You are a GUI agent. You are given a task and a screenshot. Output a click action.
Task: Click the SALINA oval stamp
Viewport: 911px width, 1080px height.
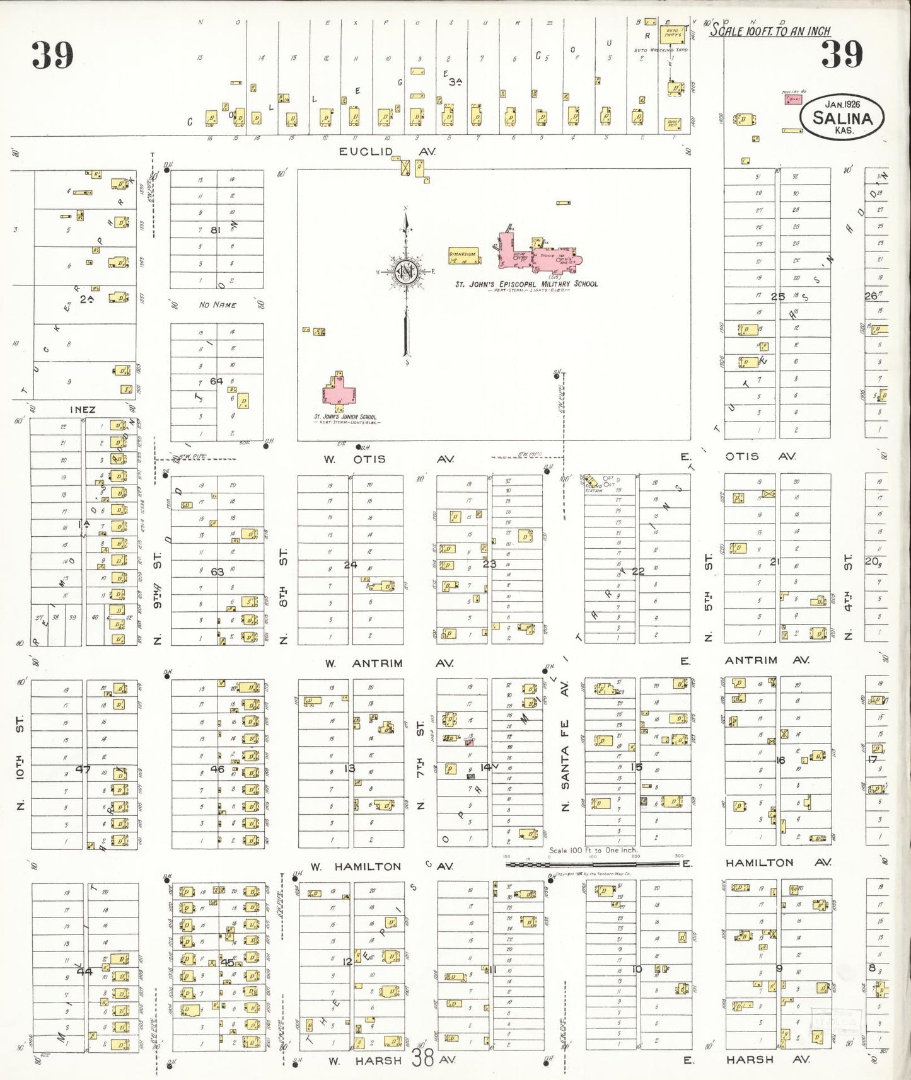coord(842,117)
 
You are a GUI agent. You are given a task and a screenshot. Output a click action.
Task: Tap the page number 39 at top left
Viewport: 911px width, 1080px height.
coord(53,55)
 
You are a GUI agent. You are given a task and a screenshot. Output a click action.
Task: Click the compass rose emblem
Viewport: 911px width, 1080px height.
coord(406,271)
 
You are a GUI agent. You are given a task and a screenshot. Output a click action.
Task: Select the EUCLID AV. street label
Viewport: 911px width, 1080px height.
coord(386,152)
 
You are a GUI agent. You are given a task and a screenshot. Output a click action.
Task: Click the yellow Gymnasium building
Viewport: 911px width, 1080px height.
coord(463,256)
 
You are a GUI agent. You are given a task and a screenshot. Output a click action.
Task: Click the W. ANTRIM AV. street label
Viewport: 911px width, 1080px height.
coord(389,664)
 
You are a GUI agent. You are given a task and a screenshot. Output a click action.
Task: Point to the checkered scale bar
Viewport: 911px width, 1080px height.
coord(593,864)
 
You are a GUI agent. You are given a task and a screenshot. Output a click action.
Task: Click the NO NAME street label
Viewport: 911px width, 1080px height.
coord(218,305)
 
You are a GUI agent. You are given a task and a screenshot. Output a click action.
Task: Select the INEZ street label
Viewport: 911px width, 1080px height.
coord(83,410)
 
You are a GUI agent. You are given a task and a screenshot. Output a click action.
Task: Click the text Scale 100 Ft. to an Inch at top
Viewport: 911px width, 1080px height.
coord(770,30)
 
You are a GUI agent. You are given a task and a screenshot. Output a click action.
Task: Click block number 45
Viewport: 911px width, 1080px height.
coord(227,962)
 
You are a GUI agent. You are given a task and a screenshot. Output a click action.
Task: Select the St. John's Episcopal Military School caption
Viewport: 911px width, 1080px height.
coord(526,284)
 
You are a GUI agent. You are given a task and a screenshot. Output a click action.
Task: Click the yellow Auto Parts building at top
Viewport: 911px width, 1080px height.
coord(673,34)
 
